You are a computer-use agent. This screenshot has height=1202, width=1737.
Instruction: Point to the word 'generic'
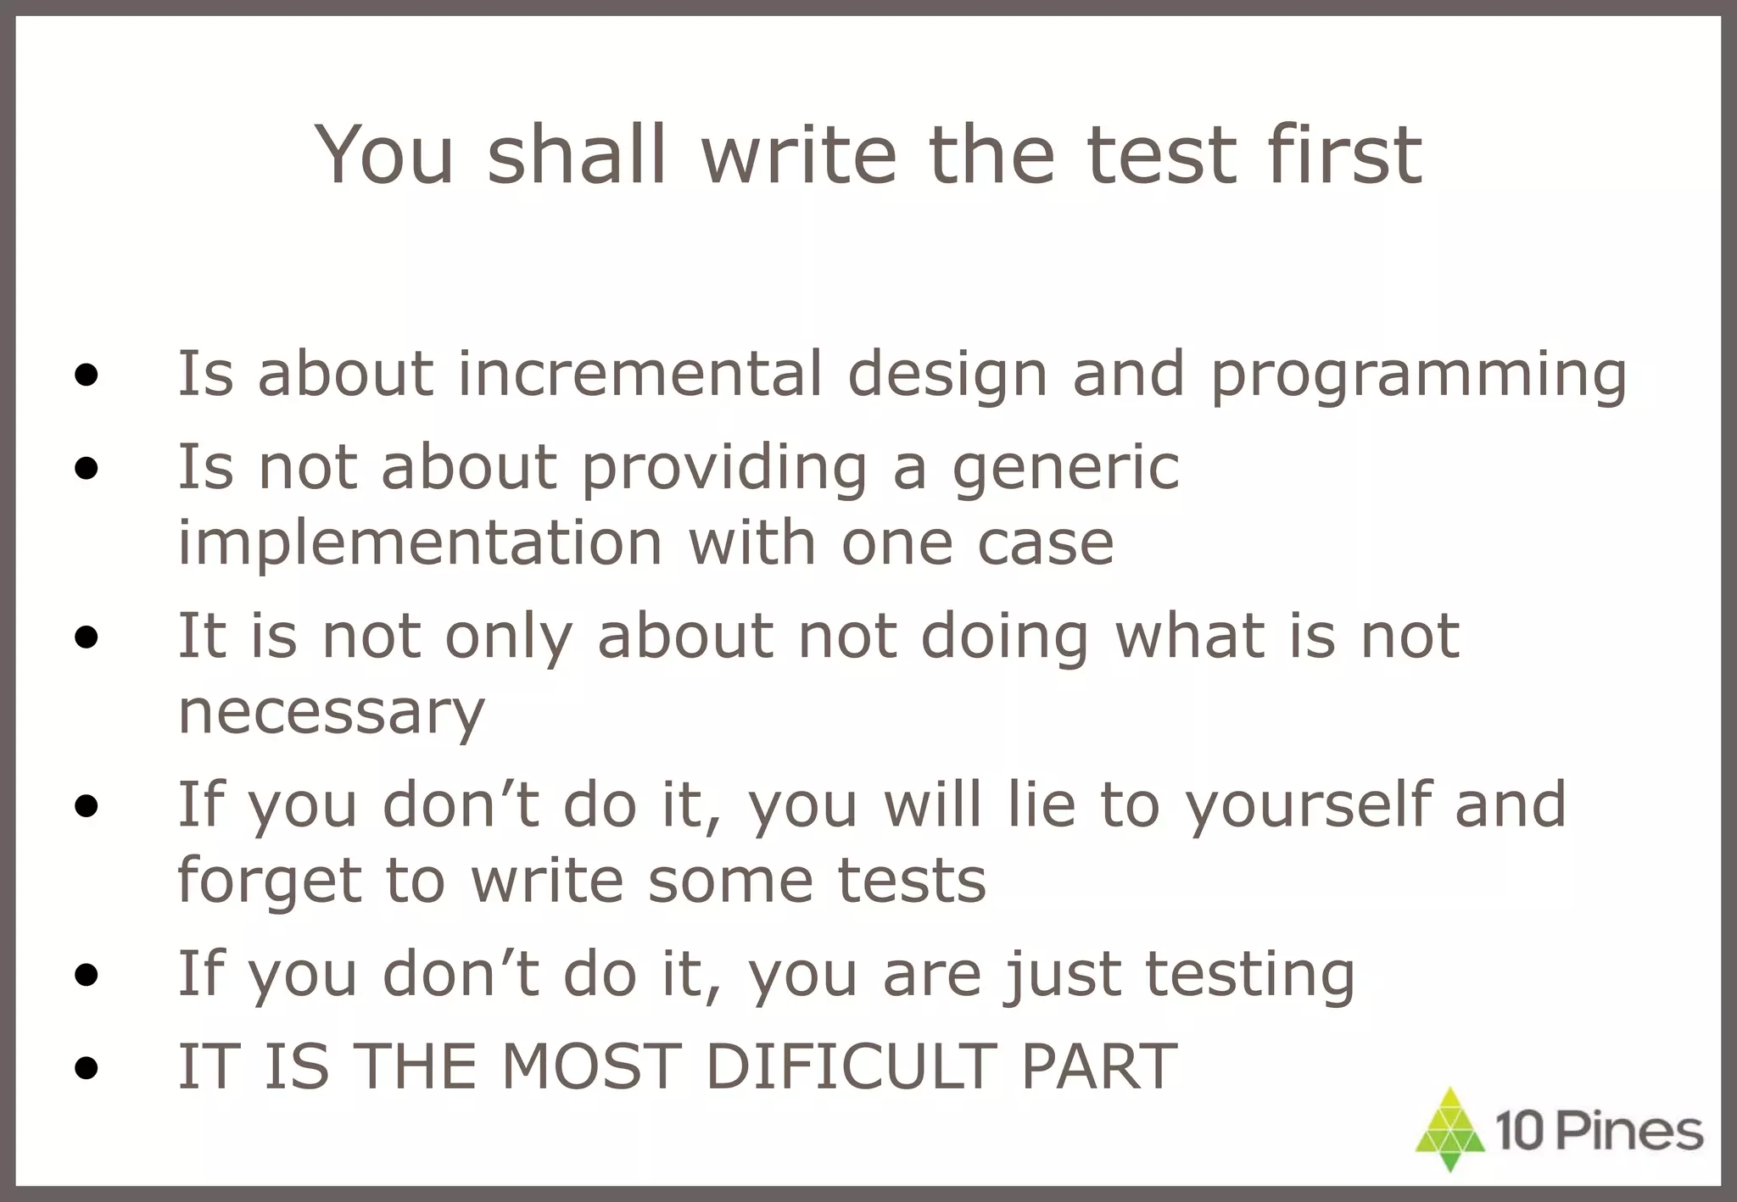pyautogui.click(x=1065, y=469)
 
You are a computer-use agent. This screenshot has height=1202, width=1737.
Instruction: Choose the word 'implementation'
pyautogui.click(x=419, y=543)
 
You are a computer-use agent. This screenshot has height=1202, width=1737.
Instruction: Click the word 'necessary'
pyautogui.click(x=331, y=713)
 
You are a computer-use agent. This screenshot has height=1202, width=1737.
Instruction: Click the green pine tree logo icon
pyautogui.click(x=1450, y=1130)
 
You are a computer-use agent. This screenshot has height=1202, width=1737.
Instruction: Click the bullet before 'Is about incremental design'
pyautogui.click(x=86, y=376)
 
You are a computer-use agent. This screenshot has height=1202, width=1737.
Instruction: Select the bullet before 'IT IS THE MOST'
pyautogui.click(x=86, y=1068)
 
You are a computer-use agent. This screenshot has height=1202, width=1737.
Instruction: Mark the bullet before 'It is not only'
pyautogui.click(x=86, y=637)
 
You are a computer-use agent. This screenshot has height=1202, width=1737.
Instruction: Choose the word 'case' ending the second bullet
pyautogui.click(x=1045, y=543)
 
